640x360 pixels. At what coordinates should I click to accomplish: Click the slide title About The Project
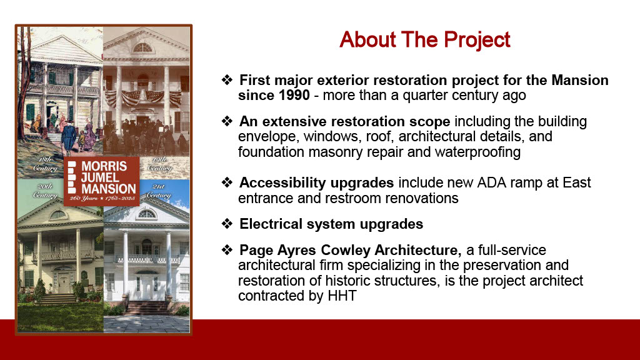point(424,39)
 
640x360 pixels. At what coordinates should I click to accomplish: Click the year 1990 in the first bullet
point(294,95)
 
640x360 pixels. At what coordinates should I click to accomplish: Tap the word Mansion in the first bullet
point(580,80)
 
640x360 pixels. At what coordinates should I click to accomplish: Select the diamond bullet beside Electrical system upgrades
point(227,224)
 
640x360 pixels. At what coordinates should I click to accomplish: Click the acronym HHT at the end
point(342,296)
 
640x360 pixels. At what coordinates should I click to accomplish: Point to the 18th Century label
point(45,164)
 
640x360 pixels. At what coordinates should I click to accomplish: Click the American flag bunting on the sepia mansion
point(143,98)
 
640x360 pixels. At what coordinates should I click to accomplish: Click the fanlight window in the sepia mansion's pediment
point(142,47)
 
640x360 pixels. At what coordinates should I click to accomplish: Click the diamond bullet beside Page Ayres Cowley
point(227,249)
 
